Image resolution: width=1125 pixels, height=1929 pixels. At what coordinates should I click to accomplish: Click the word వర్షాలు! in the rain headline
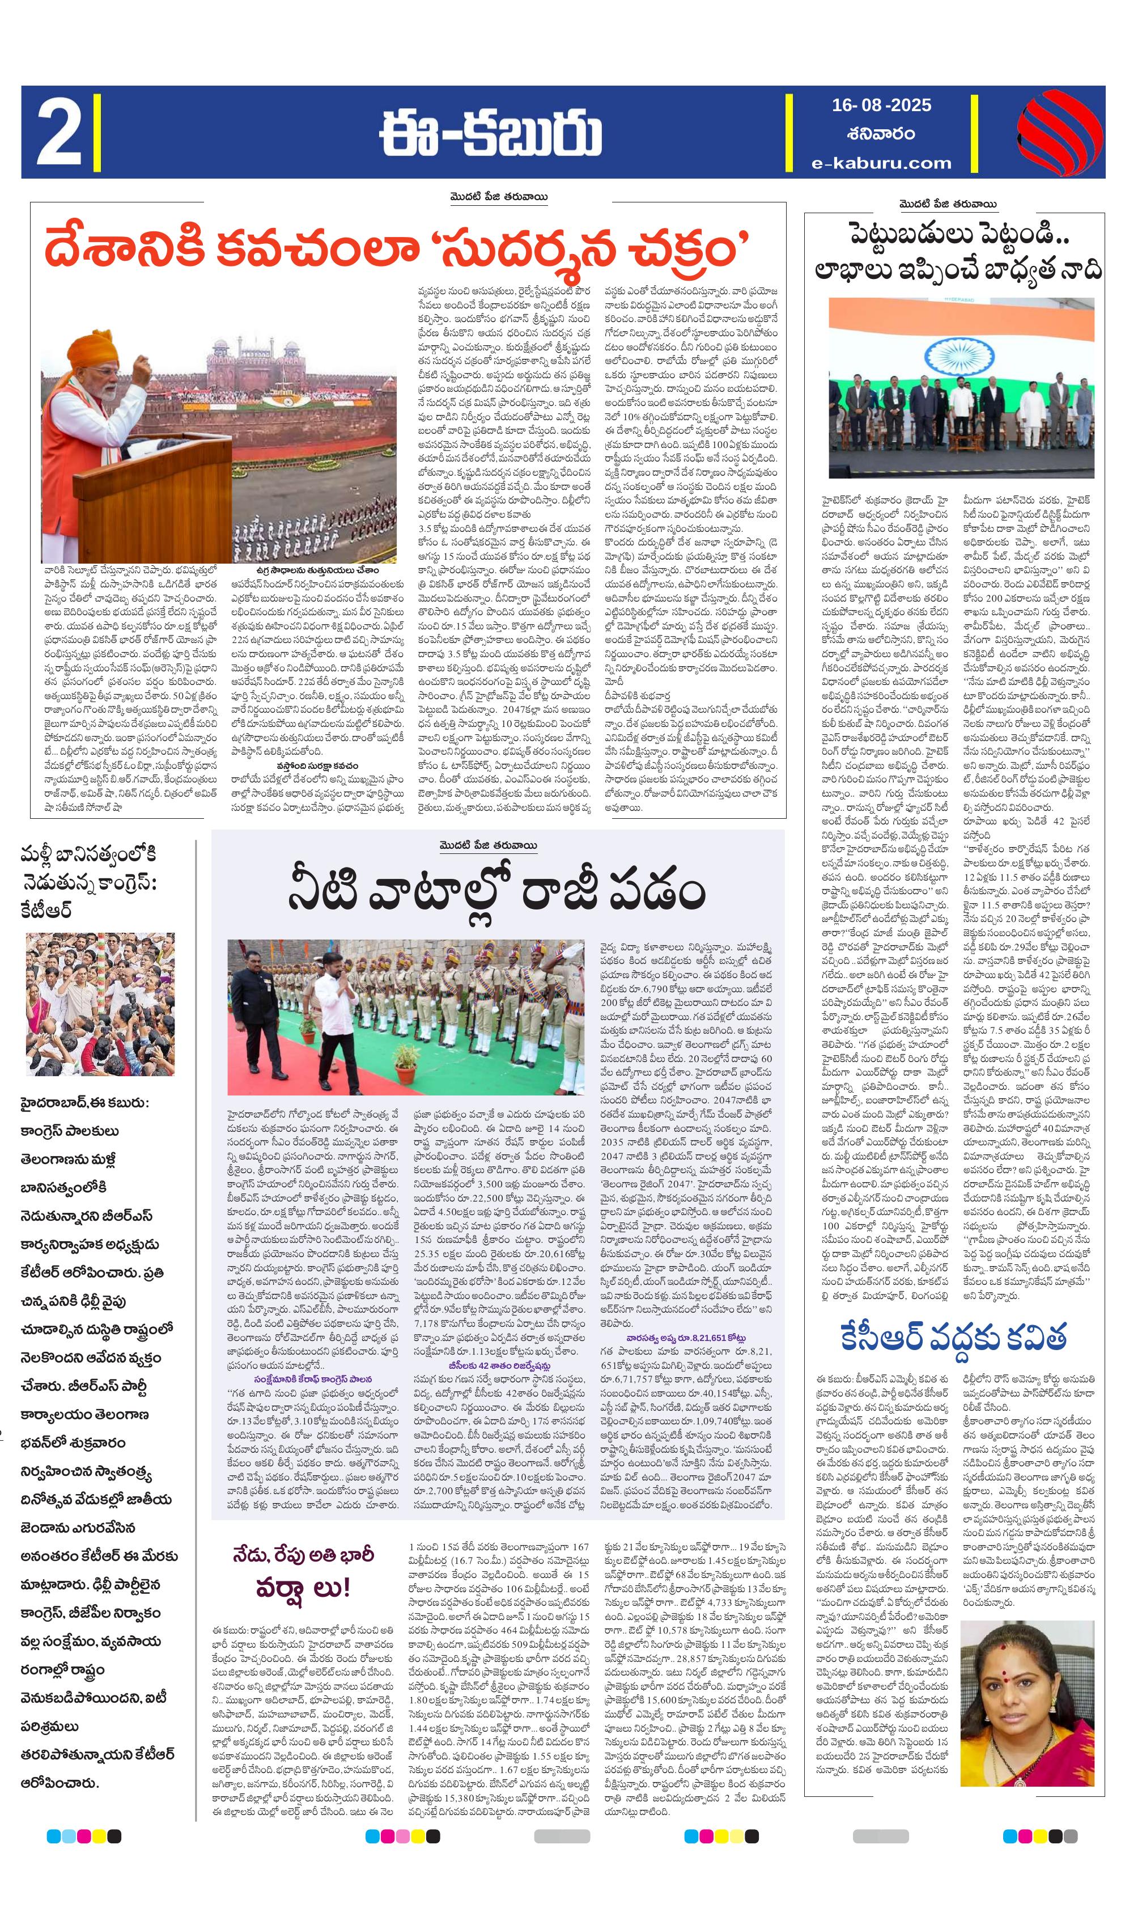(303, 1588)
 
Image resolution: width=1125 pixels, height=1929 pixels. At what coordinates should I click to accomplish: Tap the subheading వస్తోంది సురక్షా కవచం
(317, 765)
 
